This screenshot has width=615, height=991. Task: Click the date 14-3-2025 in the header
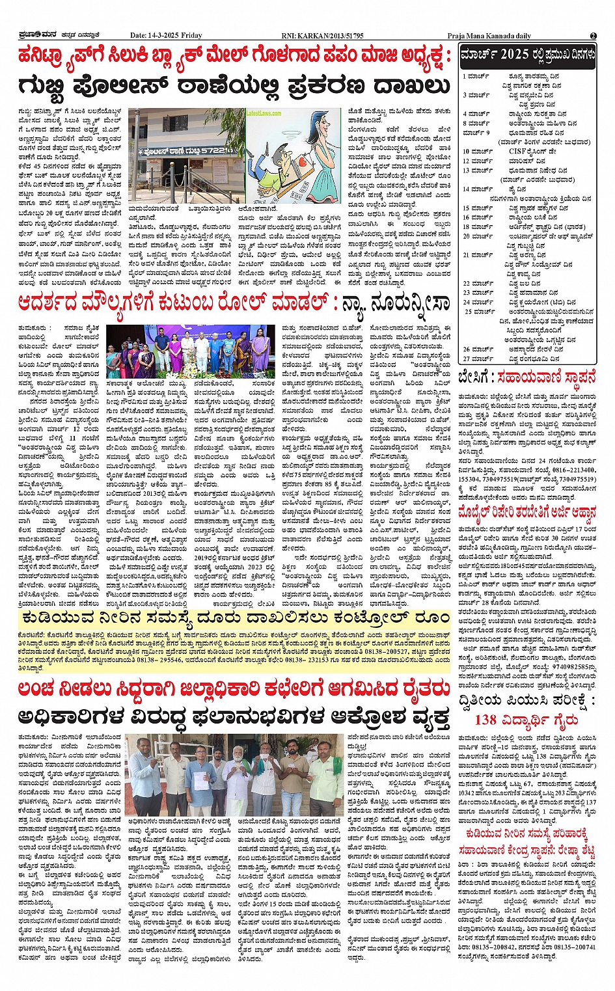pos(166,36)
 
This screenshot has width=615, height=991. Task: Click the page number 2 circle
pos(594,36)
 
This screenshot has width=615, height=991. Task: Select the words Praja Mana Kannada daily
pos(489,36)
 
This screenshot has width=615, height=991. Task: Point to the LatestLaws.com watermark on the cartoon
pos(264,113)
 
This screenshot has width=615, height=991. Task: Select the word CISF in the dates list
pos(518,152)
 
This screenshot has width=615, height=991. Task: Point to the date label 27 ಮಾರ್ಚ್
pos(478,359)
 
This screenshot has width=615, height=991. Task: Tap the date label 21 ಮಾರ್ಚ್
pos(478,255)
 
